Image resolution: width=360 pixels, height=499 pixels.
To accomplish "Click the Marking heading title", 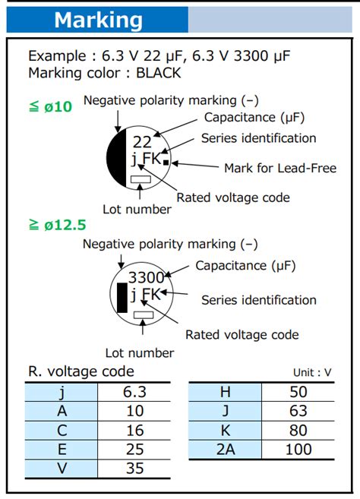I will pyautogui.click(x=98, y=20).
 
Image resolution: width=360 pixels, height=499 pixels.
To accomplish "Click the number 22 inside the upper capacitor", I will pyautogui.click(x=142, y=141).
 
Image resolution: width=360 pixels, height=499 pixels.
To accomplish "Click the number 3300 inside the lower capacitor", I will pyautogui.click(x=146, y=277).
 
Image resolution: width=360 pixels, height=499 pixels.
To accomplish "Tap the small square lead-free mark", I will pyautogui.click(x=166, y=162).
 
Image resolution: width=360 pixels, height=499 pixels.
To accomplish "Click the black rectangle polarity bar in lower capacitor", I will pyautogui.click(x=122, y=297).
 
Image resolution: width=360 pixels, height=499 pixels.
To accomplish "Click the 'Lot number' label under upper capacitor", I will pyautogui.click(x=137, y=209).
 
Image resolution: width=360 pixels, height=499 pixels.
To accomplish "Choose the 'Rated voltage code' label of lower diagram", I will pyautogui.click(x=242, y=335).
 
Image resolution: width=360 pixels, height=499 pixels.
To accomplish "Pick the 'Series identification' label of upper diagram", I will pyautogui.click(x=258, y=138).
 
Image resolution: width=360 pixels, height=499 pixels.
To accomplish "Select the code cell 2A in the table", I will pyautogui.click(x=225, y=449).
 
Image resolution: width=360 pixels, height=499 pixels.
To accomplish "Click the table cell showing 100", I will pyautogui.click(x=298, y=449).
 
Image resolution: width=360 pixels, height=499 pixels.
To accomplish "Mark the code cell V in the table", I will pyautogui.click(x=62, y=468).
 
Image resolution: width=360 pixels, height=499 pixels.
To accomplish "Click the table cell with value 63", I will pyautogui.click(x=298, y=411).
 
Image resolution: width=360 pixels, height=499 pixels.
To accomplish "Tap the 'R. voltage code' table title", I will pyautogui.click(x=81, y=371).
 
